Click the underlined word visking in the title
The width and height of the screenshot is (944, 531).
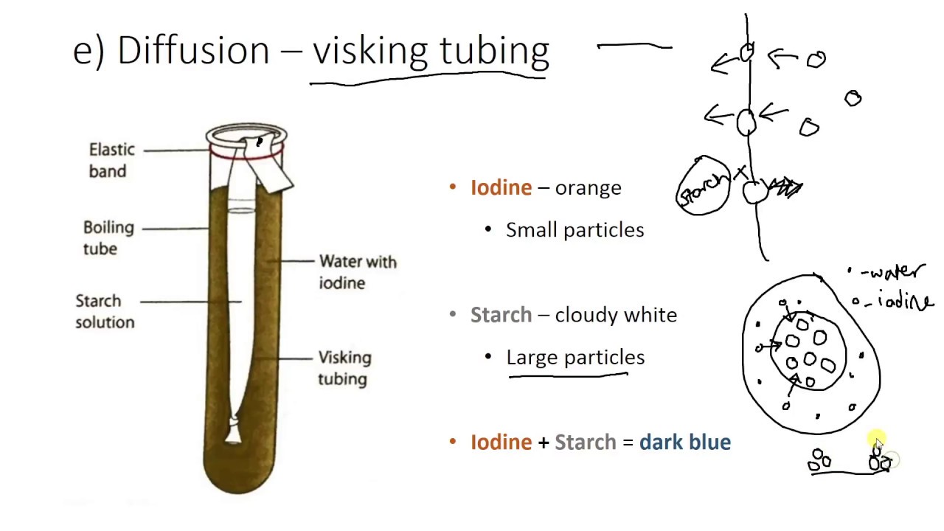tap(372, 51)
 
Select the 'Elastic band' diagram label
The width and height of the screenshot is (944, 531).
tap(111, 160)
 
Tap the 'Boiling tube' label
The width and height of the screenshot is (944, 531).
tap(108, 237)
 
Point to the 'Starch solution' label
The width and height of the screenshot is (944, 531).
tap(105, 311)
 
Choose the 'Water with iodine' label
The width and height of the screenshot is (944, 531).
tap(357, 272)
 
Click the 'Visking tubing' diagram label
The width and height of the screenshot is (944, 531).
tap(344, 368)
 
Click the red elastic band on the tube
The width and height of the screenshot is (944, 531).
tap(246, 153)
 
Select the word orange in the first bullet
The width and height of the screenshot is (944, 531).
tap(588, 188)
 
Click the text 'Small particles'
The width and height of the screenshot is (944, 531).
tap(575, 230)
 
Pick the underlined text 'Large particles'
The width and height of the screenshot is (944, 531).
tap(575, 358)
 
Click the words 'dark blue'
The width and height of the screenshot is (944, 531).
tap(685, 442)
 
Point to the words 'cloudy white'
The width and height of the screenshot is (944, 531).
tap(615, 315)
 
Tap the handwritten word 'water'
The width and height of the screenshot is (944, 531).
tap(895, 273)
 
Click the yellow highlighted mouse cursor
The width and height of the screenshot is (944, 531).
tap(876, 441)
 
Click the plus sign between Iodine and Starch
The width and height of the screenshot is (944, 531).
tap(544, 442)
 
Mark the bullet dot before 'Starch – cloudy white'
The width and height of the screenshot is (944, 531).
tap(453, 315)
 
